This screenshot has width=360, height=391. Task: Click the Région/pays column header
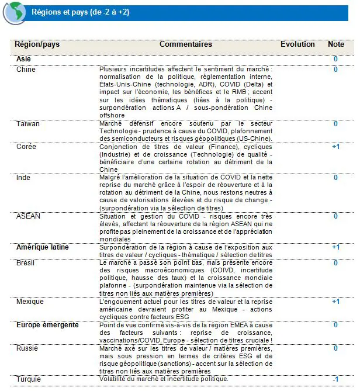coord(37,44)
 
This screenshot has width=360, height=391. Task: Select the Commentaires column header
coord(186,44)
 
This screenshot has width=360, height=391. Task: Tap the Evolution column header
coord(297,44)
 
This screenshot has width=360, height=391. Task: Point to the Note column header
coord(336,44)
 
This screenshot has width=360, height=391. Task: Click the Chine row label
coord(26,70)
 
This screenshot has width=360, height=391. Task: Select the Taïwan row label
coord(28,124)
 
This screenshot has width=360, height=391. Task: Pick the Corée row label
coord(26,147)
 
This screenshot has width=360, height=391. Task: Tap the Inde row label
coord(23,178)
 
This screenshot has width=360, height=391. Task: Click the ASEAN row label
coord(28,216)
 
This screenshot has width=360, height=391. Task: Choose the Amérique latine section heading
coord(42,247)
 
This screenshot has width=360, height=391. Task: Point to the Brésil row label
coord(26,263)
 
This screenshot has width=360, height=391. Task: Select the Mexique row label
coord(30,302)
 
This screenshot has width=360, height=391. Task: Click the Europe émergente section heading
coord(47,324)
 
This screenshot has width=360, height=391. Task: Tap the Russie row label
coord(27,348)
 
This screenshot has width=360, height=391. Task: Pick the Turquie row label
coord(29,379)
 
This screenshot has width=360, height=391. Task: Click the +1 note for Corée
coord(335,147)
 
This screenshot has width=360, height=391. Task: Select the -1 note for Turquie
coord(335,379)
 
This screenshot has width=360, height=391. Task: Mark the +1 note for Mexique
coord(335,302)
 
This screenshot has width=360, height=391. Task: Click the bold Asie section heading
coord(24,58)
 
